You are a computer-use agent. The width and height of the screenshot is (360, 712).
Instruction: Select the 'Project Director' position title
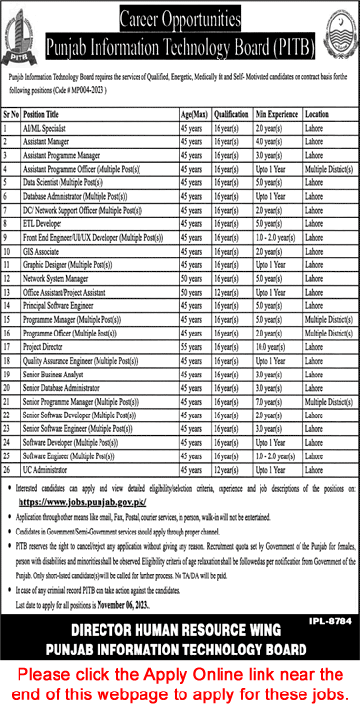pyautogui.click(x=45, y=345)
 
